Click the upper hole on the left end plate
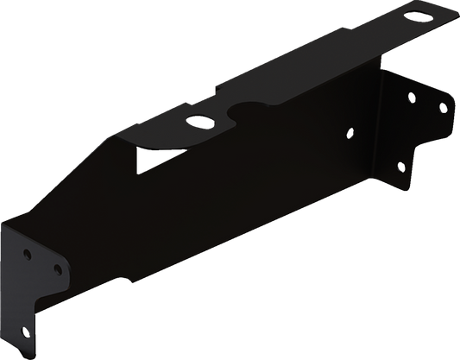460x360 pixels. point(28,256)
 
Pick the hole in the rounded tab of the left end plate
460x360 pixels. point(58,269)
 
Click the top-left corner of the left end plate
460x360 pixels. point(11,222)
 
